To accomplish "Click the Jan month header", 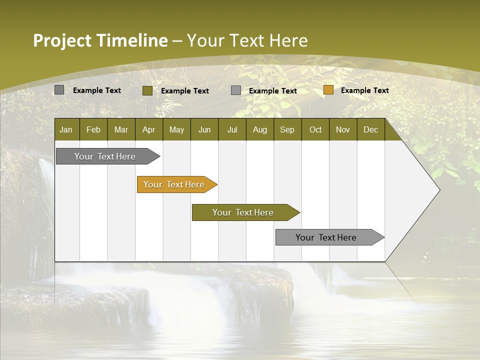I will coord(66,129).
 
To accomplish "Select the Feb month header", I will coord(93,129).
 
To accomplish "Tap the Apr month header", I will coord(148,129).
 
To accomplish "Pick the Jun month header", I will coord(204,129).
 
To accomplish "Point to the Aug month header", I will coord(259,129).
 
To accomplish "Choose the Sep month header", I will coord(287,129).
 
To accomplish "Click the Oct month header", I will coord(315,129).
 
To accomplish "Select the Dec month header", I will coord(370,129).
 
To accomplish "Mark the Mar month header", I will coord(121,129).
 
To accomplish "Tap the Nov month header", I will coord(343,129).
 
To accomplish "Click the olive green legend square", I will coord(147,90).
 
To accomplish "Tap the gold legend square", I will coord(328,90).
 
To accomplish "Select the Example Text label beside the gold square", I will coord(364,90).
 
